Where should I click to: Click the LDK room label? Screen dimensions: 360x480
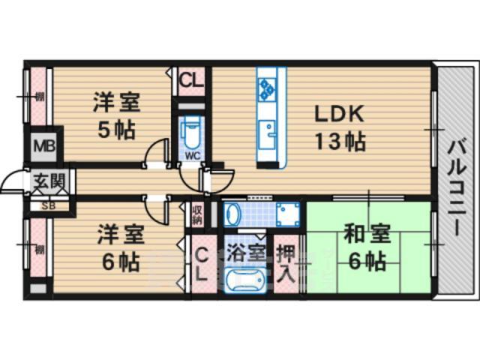[x=338, y=114]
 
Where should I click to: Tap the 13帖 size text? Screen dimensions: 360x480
[x=338, y=141]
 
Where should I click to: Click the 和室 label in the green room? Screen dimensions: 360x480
[x=367, y=235]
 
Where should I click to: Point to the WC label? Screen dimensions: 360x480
[x=192, y=156]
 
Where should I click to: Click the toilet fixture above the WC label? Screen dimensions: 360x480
[x=192, y=133]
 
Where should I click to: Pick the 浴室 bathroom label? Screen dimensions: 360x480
[x=247, y=249]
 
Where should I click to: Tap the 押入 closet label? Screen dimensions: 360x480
[x=286, y=256]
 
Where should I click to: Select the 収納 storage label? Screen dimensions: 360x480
[x=196, y=214]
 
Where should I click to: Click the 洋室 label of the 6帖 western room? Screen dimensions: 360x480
[x=118, y=235]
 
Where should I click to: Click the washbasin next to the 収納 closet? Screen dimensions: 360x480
[x=232, y=214]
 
